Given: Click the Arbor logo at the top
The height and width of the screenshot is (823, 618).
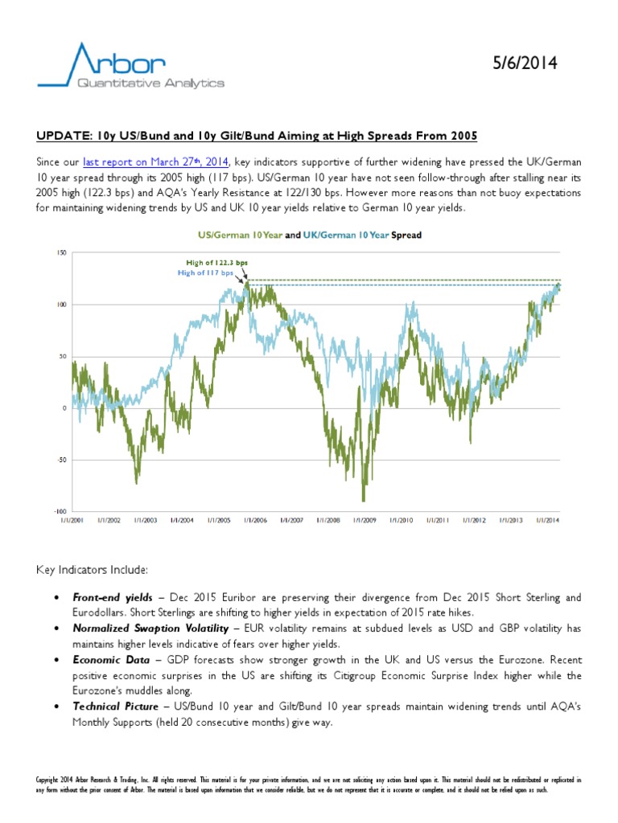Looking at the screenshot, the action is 131,66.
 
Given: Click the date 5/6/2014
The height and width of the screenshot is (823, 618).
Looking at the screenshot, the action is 525,63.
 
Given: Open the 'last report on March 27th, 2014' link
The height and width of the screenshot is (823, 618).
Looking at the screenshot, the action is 155,162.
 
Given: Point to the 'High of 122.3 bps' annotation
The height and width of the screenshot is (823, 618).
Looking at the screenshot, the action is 216,263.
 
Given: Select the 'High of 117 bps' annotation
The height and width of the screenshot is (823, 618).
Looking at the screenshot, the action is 205,273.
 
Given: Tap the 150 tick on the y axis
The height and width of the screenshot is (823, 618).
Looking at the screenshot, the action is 62,253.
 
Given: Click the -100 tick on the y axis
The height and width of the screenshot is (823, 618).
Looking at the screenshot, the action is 60,511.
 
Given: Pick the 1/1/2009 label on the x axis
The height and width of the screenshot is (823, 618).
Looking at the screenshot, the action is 365,520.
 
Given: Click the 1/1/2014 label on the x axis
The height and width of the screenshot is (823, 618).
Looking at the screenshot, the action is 547,520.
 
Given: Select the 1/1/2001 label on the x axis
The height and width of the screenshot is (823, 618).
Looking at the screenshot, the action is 72,520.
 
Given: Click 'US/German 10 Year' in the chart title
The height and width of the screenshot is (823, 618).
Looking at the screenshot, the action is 240,235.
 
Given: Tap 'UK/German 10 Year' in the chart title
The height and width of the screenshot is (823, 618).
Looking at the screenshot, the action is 346,235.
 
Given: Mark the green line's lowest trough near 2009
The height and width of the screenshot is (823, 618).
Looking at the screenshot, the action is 363,501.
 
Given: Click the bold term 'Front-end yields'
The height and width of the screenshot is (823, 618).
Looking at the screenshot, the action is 113,597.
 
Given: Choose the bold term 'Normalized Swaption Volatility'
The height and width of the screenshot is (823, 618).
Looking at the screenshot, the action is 150,629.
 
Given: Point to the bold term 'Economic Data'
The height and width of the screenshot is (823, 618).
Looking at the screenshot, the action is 111,660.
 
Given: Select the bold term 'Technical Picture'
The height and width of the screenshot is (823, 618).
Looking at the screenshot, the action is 116,706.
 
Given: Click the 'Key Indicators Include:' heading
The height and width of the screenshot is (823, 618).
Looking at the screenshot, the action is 92,570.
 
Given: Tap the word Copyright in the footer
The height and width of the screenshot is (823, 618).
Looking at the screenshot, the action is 47,780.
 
